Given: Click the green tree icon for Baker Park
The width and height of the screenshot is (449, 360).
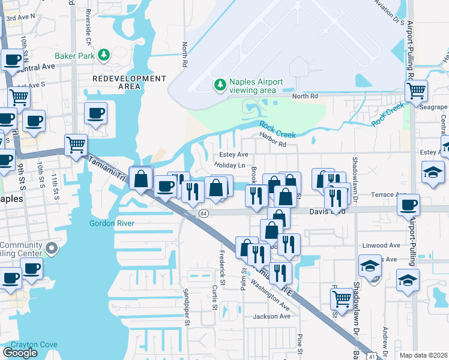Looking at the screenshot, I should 104,55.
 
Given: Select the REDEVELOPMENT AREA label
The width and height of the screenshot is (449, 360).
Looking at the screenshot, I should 129,82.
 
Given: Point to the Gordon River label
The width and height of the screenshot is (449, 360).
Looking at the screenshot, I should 111,223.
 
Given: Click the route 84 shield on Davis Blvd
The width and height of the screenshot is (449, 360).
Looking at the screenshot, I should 204,213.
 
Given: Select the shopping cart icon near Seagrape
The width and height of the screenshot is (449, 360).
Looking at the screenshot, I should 415,91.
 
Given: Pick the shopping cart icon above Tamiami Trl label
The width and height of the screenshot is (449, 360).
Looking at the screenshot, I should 76,144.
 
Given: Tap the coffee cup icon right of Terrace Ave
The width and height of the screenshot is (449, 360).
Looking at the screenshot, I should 408,205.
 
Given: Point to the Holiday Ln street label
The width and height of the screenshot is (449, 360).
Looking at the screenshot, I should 231,166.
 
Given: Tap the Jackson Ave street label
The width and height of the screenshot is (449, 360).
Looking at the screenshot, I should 271,316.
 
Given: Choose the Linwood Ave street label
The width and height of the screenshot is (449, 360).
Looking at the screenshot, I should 382,245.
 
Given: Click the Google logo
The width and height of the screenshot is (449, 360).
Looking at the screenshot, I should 20,352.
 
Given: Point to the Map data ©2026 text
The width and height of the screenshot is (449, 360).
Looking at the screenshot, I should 423,355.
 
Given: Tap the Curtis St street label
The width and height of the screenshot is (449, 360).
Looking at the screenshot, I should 214,298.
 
